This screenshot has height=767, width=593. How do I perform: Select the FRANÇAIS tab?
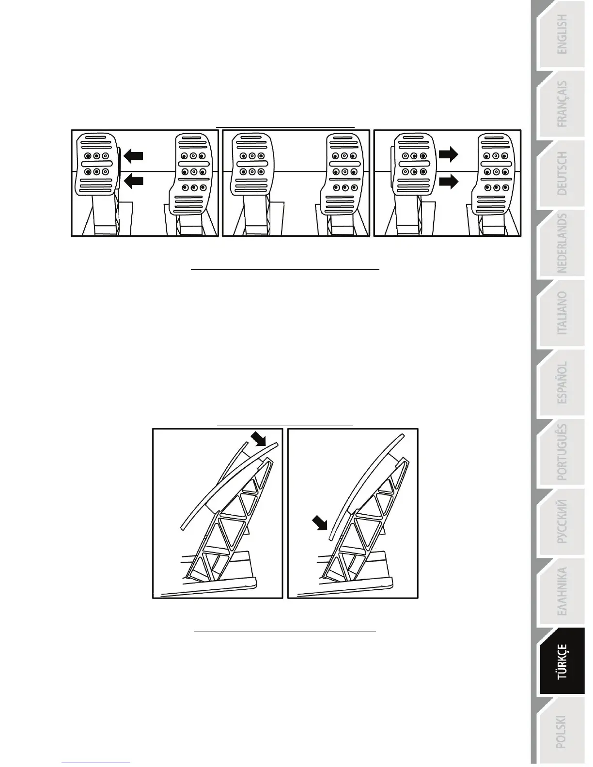point(562,104)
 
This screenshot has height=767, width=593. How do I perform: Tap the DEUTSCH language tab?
point(562,173)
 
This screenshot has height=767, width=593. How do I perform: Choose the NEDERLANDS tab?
point(562,243)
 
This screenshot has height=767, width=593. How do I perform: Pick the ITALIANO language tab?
point(562,313)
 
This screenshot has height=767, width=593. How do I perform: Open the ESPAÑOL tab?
point(562,383)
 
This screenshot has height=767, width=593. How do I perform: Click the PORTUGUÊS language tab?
point(562,452)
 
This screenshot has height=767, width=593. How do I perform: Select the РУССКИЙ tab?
point(562,522)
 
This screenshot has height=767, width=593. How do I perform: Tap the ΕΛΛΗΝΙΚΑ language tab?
point(562,592)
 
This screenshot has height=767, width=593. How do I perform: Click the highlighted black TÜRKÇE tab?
point(562,661)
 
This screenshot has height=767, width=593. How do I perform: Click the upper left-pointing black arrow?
point(134,155)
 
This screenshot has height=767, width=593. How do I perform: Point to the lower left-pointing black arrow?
point(134,181)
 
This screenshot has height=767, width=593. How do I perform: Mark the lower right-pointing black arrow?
point(448,182)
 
